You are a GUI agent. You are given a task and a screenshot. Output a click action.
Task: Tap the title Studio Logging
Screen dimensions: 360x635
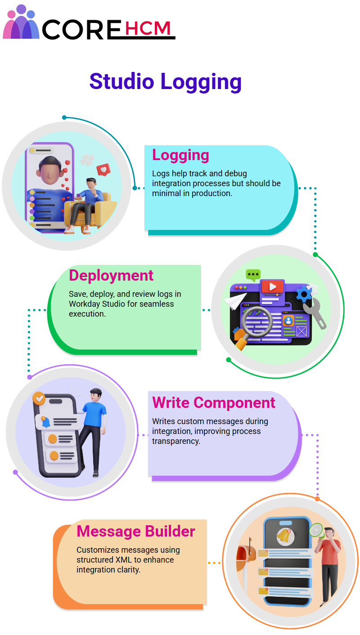[166, 82]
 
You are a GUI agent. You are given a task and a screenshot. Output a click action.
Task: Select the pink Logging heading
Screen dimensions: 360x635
[180, 155]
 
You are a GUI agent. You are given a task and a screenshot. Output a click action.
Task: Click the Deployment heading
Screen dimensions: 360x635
[111, 275]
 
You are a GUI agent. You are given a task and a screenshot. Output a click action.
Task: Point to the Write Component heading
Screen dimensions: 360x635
[214, 402]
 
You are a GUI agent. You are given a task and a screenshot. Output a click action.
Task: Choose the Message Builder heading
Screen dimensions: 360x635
[136, 531]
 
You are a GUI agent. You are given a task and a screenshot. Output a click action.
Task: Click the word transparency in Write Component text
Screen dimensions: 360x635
[176, 441]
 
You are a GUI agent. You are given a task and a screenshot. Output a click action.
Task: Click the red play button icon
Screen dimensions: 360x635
[272, 286]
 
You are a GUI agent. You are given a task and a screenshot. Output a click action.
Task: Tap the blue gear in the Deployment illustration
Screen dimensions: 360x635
[304, 295]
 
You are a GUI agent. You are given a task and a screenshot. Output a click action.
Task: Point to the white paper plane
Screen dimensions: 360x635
[235, 301]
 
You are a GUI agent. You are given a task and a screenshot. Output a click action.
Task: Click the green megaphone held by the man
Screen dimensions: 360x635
[317, 530]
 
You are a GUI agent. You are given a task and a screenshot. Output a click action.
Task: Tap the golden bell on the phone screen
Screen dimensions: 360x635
[284, 536]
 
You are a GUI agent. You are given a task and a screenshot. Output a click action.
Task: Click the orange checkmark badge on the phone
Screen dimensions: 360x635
[39, 398]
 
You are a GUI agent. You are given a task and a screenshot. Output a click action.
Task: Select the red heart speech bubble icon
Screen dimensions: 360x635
[103, 170]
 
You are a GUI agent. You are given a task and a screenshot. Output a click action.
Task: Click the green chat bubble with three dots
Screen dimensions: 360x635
[253, 275]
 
